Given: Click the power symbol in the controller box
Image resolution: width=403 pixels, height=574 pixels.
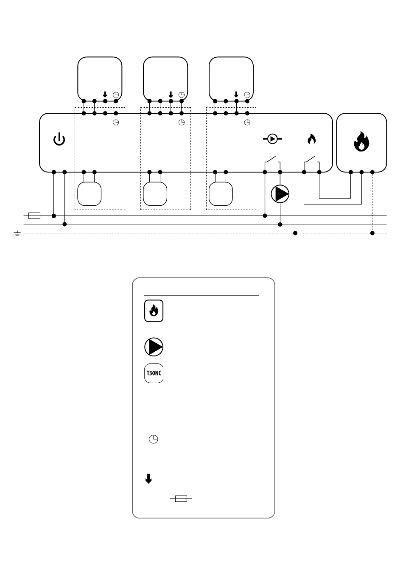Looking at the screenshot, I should [59, 139].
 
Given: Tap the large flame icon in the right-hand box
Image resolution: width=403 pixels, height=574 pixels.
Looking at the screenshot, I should [361, 141].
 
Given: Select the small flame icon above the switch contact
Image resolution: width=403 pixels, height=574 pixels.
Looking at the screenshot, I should [311, 139].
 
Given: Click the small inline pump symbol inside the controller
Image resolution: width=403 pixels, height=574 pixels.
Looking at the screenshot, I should [273, 139].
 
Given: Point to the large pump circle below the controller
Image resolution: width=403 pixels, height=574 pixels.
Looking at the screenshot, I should [280, 194].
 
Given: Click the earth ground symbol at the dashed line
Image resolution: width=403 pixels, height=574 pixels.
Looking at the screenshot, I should [17, 233].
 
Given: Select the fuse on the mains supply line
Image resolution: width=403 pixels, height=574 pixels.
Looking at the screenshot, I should [34, 216].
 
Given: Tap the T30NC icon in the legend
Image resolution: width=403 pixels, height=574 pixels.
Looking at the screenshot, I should [154, 374].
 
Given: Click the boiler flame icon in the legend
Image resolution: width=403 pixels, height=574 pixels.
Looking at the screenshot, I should [154, 311].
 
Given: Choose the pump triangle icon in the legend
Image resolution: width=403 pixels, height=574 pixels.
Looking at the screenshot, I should [154, 347].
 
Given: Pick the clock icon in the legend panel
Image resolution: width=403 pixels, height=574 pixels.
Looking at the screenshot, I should [154, 440].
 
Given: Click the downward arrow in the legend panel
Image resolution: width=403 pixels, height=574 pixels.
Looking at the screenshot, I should [148, 479].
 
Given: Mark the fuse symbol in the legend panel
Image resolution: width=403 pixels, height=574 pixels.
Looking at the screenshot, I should [181, 499].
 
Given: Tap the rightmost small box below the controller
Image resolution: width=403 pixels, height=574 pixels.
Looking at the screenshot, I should [221, 194].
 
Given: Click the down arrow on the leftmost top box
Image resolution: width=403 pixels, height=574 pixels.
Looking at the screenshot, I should [105, 95].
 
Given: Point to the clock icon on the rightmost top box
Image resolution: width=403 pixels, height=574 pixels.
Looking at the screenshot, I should [247, 95].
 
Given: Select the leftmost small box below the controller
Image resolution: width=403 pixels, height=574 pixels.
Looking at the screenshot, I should [89, 194].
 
